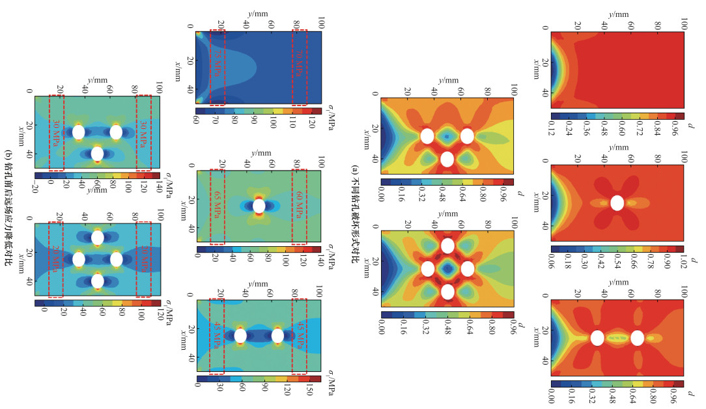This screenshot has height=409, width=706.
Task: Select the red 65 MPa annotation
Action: [x=218, y=206]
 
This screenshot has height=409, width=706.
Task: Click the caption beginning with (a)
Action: [x=355, y=204]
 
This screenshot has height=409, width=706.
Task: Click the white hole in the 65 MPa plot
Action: [x=259, y=206]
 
